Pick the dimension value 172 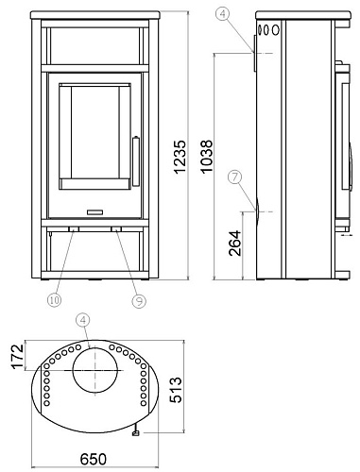(x=12, y=360)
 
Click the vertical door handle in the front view (x=134, y=155)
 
